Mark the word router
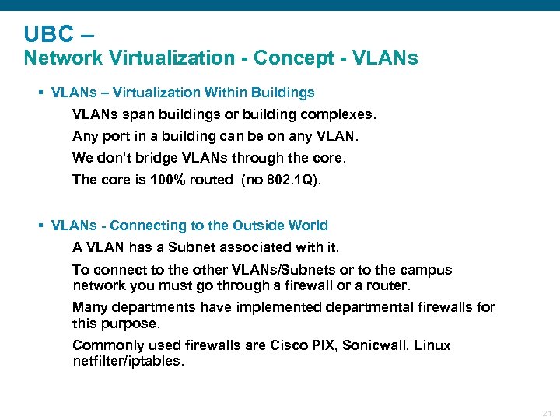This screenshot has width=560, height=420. tap(388, 285)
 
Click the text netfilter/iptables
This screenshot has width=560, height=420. tap(128, 361)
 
